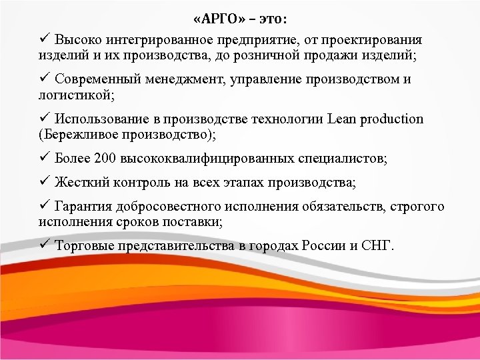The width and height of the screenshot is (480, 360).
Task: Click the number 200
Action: tap(105, 160)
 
